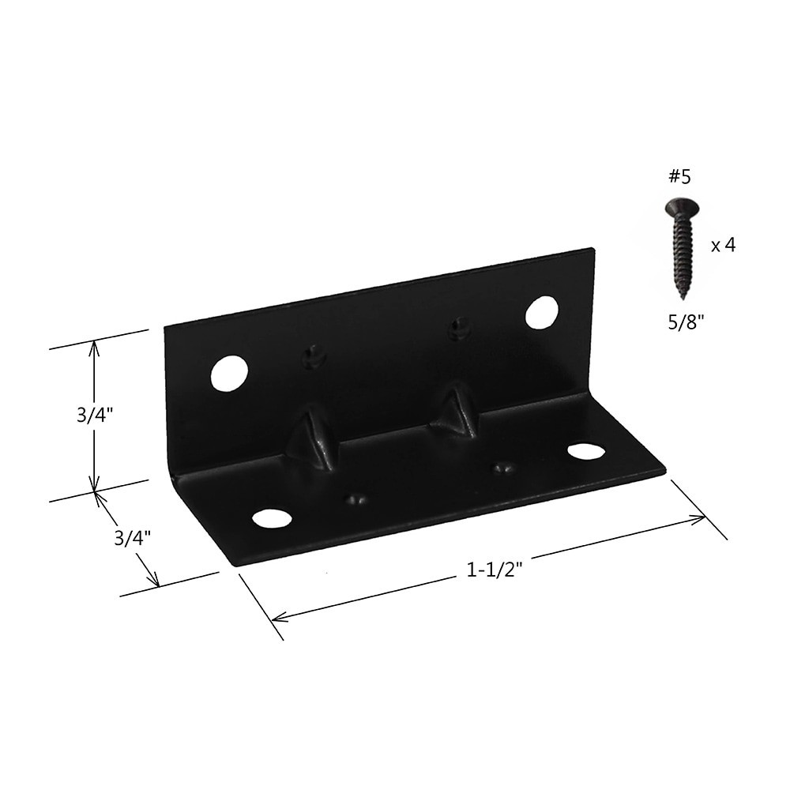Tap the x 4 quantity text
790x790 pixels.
pyautogui.click(x=724, y=246)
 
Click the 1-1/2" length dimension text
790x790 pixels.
pyautogui.click(x=491, y=570)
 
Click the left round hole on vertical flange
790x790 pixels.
pyautogui.click(x=229, y=372)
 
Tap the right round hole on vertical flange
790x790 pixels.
pyautogui.click(x=541, y=312)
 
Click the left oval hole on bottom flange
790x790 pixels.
pyautogui.click(x=271, y=518)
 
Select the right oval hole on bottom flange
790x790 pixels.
pyautogui.click(x=585, y=451)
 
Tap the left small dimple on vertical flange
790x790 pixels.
pyautogui.click(x=314, y=357)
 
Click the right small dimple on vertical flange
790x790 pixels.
pyautogui.click(x=458, y=327)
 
